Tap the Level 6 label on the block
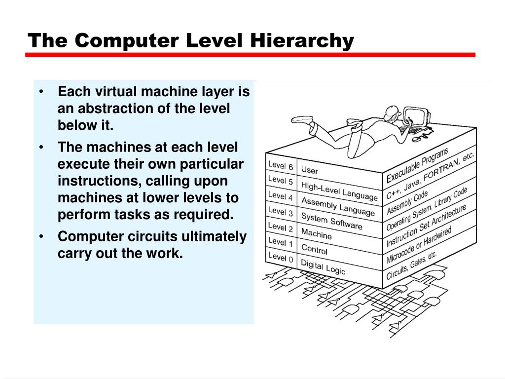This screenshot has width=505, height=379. pos(280,165)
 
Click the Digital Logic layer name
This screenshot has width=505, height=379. pos(323,266)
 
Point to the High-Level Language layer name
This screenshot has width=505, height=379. pos(339,191)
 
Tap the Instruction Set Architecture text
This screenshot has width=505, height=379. pos(426,226)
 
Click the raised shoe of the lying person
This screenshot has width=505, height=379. pos(302,120)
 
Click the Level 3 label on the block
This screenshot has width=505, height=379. pos(280,211)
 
